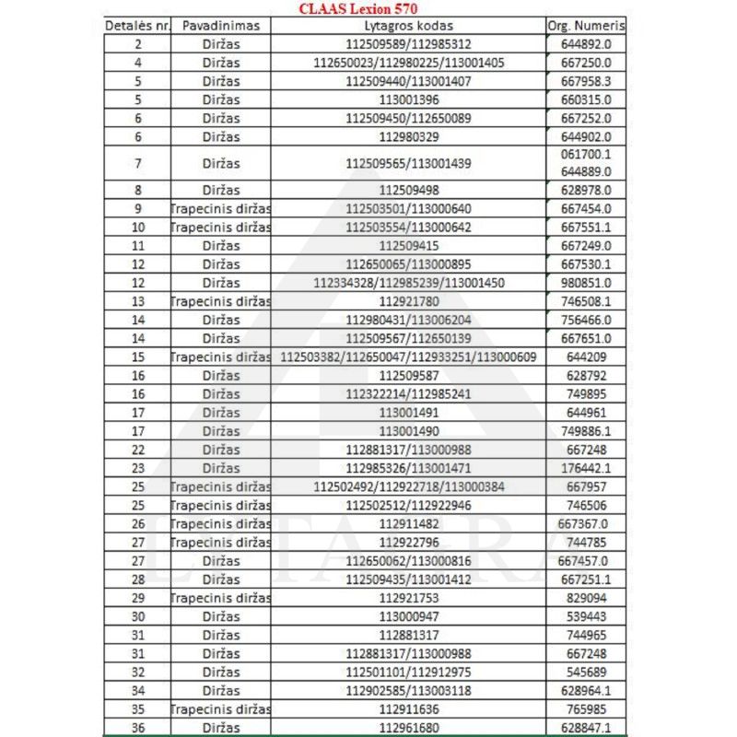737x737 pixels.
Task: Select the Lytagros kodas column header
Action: (x=407, y=25)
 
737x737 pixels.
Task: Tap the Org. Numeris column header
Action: (x=585, y=25)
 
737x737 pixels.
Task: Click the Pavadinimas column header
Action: (x=221, y=25)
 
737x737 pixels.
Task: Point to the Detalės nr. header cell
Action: (x=138, y=25)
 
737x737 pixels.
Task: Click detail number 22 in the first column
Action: (x=138, y=449)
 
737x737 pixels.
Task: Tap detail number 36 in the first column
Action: (x=138, y=728)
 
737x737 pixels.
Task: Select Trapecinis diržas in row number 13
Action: (x=221, y=301)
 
